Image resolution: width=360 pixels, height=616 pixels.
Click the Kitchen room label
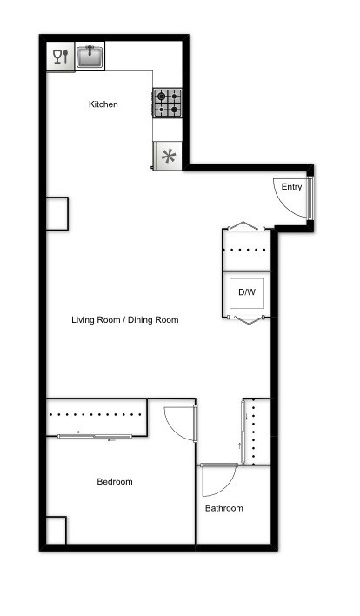(103, 104)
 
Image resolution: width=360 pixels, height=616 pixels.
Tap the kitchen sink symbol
(90, 57)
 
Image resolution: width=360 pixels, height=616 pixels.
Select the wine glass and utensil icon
(60, 57)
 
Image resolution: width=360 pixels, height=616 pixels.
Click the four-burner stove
(168, 104)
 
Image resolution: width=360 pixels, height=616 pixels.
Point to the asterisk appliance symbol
(168, 157)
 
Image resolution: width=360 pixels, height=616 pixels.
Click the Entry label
(291, 187)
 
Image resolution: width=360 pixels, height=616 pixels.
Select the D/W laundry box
(247, 292)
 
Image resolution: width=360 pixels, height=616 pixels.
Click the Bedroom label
(114, 482)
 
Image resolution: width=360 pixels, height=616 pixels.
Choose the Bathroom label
(223, 508)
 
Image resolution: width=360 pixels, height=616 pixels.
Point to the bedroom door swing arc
(178, 424)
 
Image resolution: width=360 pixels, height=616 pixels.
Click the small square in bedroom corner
(56, 530)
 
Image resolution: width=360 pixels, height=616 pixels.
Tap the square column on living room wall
(57, 213)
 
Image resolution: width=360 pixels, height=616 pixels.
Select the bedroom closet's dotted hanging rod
(97, 415)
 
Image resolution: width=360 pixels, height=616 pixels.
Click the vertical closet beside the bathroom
(255, 432)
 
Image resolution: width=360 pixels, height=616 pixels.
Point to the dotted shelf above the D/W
(249, 250)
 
